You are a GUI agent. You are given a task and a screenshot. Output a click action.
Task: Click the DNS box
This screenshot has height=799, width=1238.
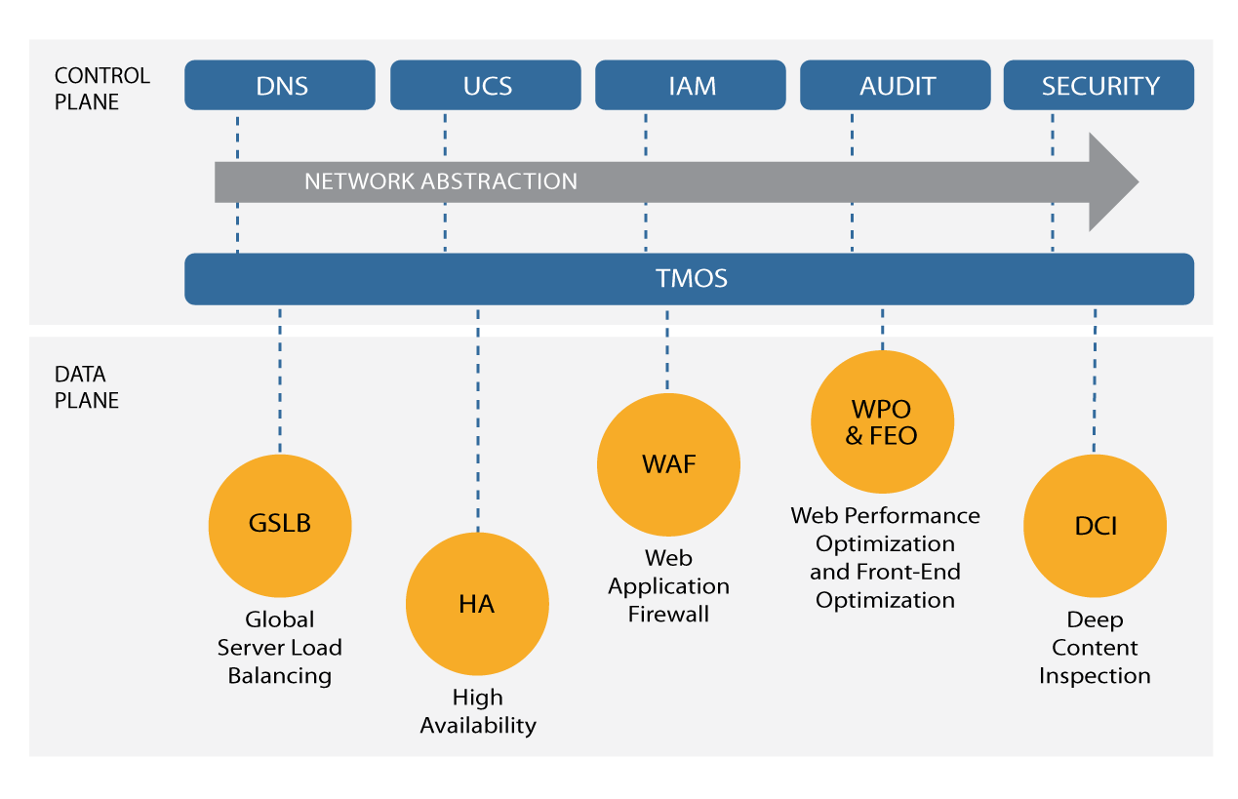(280, 85)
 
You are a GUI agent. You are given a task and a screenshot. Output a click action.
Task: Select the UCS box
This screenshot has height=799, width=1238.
(485, 85)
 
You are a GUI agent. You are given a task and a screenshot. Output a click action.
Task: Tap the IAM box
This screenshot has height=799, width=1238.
(691, 85)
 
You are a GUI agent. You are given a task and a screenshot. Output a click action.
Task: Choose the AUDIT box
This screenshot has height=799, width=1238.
(896, 85)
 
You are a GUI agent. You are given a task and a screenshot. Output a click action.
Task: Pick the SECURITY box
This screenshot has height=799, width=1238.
(1098, 85)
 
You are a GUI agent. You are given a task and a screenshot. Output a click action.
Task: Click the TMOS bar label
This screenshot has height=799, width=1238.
(692, 278)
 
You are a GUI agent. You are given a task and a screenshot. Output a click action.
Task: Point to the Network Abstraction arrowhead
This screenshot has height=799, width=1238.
(1111, 181)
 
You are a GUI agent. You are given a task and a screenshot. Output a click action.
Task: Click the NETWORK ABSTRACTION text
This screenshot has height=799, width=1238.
(441, 181)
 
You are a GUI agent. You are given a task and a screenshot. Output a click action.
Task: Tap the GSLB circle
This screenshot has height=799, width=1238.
(280, 526)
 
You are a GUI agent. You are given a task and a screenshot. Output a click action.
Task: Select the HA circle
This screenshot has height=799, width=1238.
(477, 603)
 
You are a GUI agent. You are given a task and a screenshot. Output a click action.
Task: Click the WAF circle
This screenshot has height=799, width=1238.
(668, 464)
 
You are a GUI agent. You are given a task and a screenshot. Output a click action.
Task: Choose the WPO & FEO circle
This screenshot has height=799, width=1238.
(883, 421)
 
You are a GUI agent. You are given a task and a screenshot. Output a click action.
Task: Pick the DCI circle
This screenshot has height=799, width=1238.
(1096, 526)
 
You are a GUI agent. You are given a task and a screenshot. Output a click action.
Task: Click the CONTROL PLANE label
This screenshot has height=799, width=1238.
(101, 89)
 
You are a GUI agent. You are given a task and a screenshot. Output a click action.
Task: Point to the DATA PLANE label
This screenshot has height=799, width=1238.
(86, 386)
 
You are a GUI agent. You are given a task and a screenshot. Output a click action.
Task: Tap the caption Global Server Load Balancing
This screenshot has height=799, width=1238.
(280, 648)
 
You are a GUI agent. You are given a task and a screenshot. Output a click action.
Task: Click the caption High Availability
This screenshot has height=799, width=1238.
(478, 711)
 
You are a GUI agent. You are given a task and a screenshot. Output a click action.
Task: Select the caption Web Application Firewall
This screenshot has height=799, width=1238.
(668, 585)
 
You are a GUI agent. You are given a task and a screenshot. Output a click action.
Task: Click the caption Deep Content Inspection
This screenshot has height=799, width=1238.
(1095, 648)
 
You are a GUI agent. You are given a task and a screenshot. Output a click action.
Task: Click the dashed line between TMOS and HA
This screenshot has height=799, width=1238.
(478, 419)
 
